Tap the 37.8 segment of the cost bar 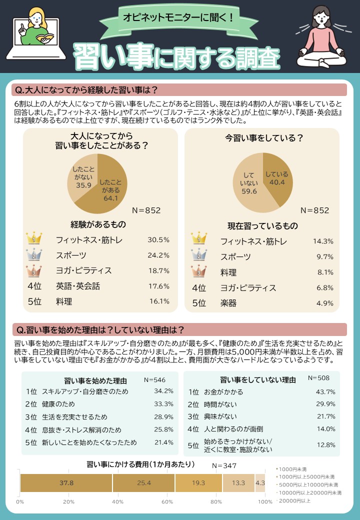tap(66, 483)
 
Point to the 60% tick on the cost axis tap(167, 501)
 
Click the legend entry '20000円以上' tap(295, 500)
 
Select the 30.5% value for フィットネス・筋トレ tap(158, 240)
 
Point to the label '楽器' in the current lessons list tap(228, 303)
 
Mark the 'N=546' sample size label tap(154, 379)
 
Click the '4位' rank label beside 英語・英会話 tap(34, 286)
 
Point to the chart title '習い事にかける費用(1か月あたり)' tap(140, 464)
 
